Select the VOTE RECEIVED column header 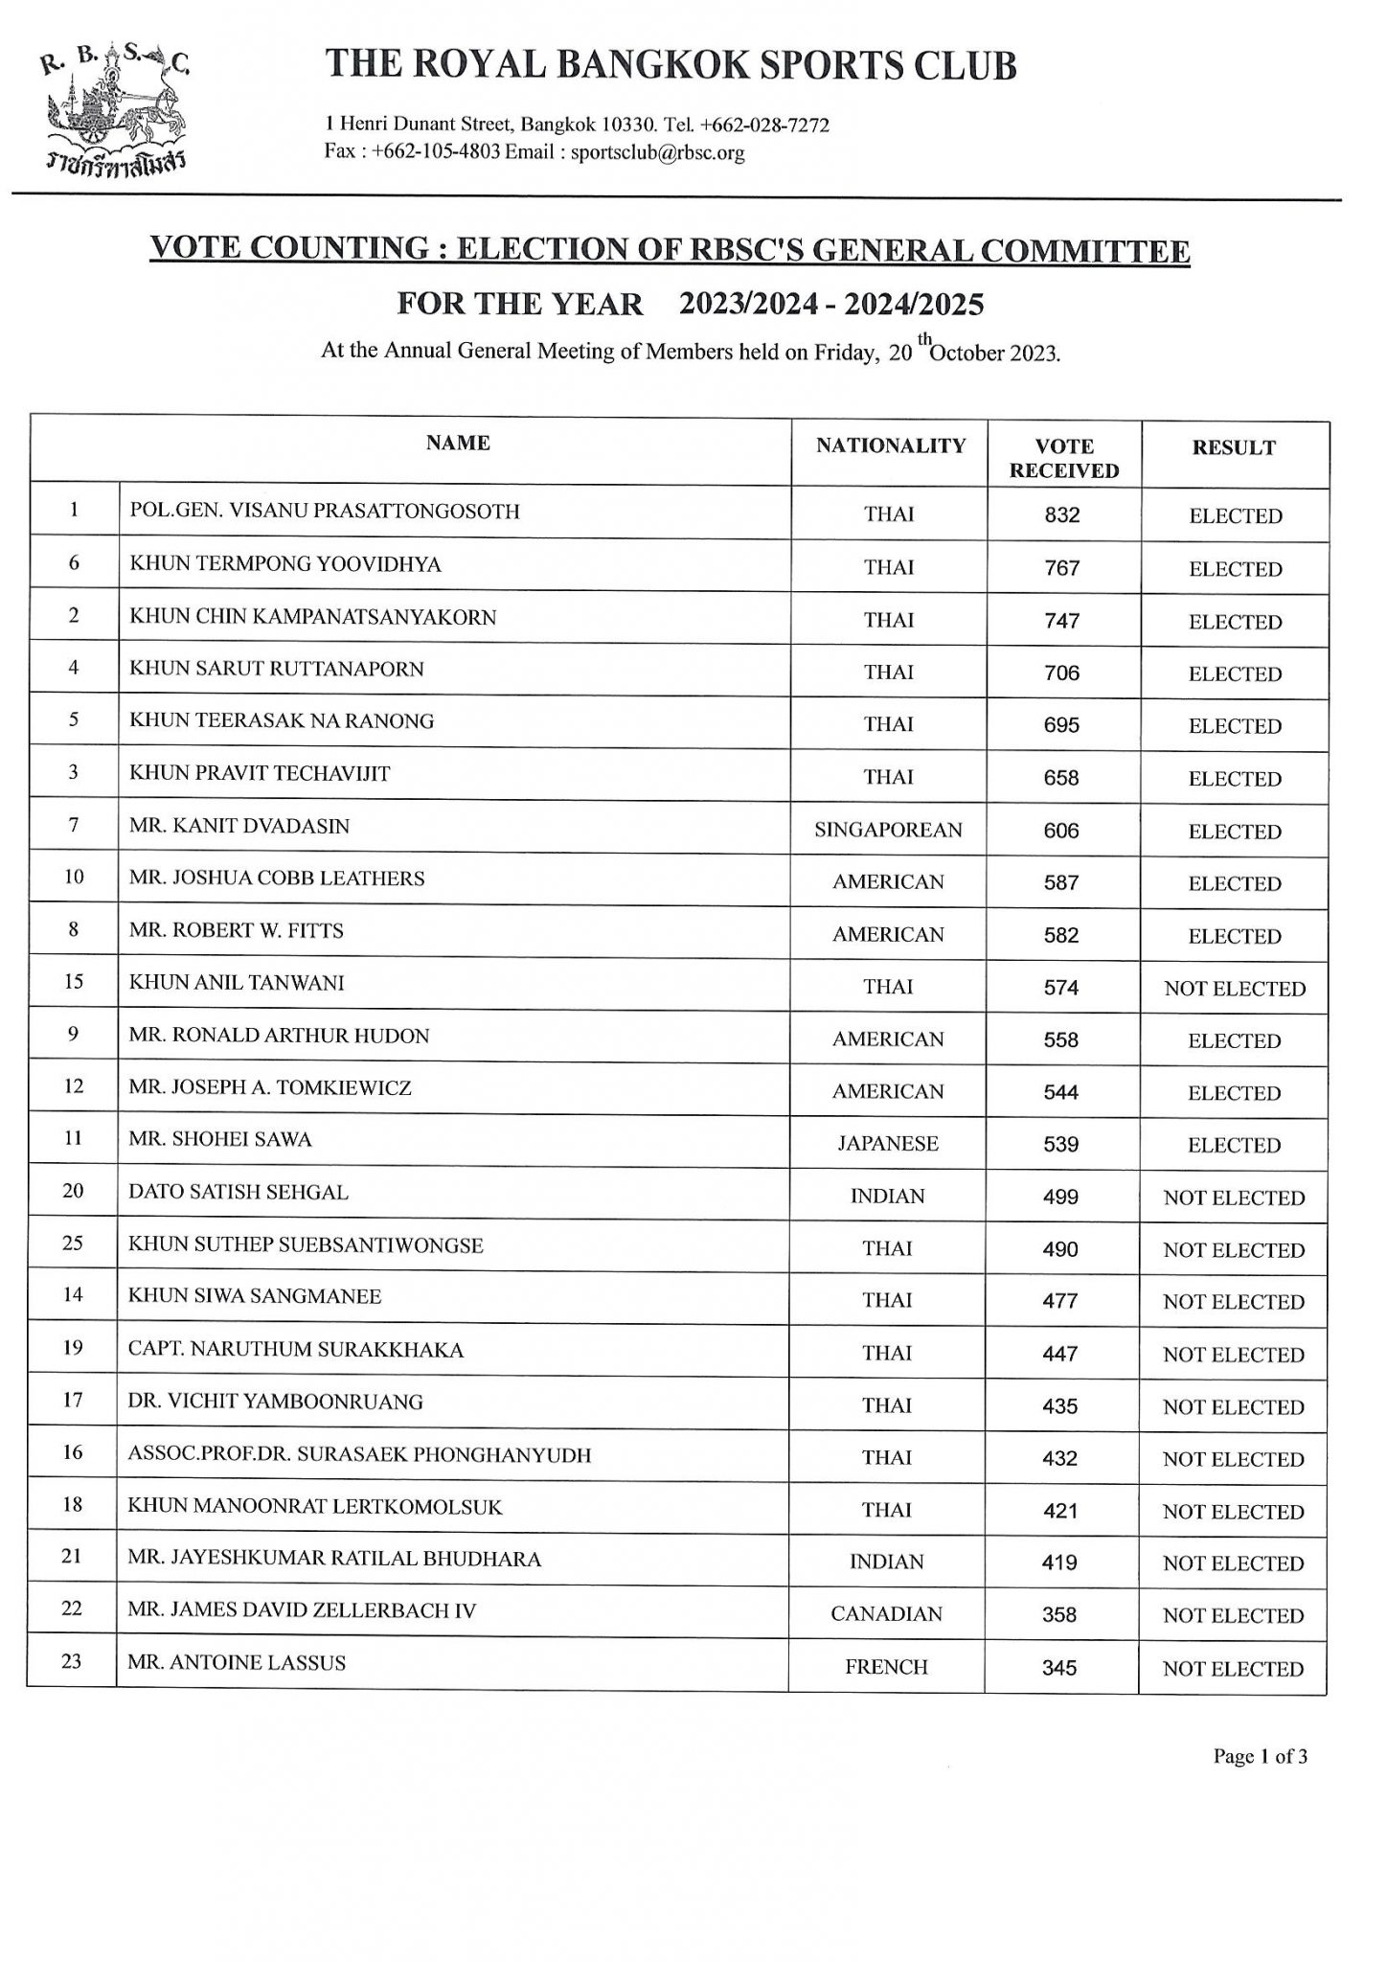coord(1064,458)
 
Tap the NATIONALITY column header coord(890,445)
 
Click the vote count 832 coord(1062,515)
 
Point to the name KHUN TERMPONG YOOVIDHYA coord(285,564)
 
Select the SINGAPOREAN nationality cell coord(888,831)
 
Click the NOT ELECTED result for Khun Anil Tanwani coord(1234,989)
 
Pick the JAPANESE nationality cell coord(888,1144)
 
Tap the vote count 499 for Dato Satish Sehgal coord(1061,1197)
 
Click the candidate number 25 coord(73,1243)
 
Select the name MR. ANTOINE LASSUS coord(237,1663)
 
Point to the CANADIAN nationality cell coord(887,1614)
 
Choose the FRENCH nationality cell coord(886,1667)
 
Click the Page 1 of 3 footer coord(1260,1756)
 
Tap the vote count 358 coord(1060,1615)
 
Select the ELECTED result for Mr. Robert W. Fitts coord(1235,936)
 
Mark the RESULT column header coord(1234,447)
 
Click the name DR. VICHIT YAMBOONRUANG coord(276,1403)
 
